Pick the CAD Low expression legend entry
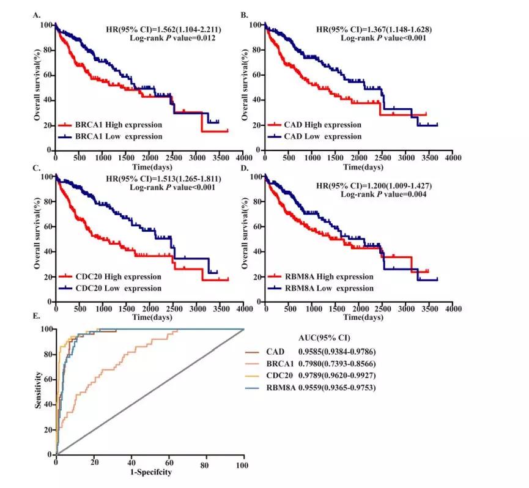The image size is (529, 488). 324,136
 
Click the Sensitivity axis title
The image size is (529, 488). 39,393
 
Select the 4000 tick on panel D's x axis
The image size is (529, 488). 453,310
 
